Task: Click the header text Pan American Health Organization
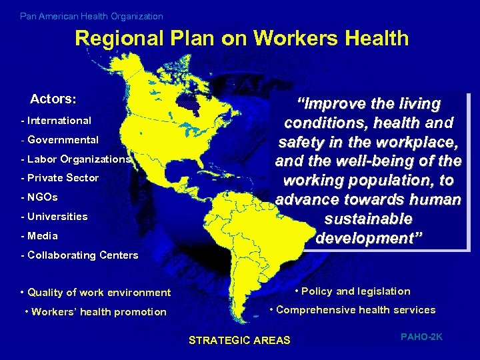pos(91,16)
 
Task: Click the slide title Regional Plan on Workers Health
pos(241,39)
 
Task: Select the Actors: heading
pos(53,99)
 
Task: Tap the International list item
pos(57,121)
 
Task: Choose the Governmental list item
pos(60,140)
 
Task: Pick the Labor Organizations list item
pos(76,159)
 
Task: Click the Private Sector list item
pos(60,178)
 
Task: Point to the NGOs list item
pos(40,197)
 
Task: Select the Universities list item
pos(55,217)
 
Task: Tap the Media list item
pos(40,236)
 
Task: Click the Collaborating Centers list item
pos(80,255)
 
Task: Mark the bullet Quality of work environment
pos(96,293)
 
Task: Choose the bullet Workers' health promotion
pos(95,312)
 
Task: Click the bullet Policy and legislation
pos(353,291)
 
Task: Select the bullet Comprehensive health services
pos(352,310)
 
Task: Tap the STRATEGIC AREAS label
pos(240,341)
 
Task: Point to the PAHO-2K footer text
pos(421,337)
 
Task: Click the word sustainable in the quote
pos(368,219)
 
